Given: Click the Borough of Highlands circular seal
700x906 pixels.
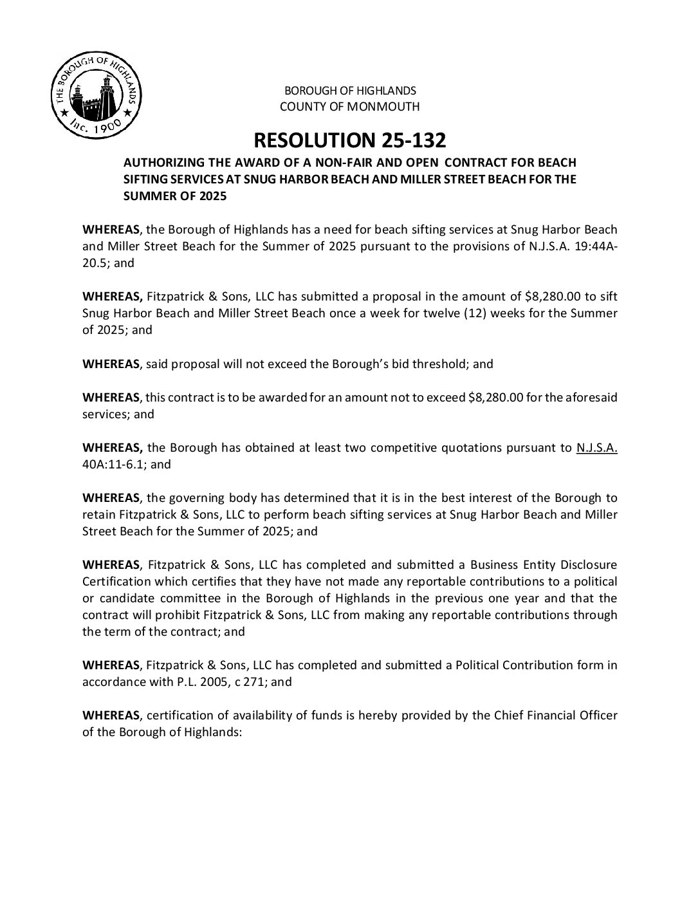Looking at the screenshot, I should point(95,97).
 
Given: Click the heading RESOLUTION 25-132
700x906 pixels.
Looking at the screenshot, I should point(349,140).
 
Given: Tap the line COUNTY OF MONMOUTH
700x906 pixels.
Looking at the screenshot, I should point(349,107).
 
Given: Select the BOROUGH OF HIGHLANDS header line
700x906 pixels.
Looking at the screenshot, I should point(349,91).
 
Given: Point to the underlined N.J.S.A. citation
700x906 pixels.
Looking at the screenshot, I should point(597,448).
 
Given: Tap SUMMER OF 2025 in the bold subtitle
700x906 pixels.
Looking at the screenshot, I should point(175,197).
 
